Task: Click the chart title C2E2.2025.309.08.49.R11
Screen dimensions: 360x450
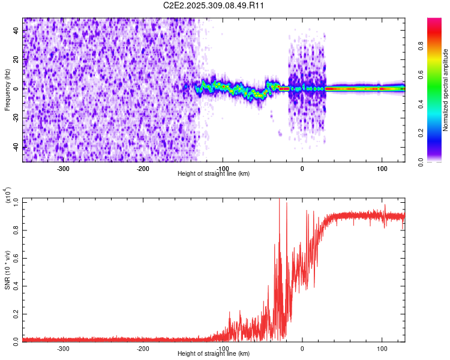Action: (214, 5)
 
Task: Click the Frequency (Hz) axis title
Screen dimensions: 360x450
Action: (7, 89)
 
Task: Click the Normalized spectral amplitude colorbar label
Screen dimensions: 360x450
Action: (445, 89)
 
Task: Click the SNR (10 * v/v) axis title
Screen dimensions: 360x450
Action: (7, 269)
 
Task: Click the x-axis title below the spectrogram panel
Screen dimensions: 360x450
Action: (214, 173)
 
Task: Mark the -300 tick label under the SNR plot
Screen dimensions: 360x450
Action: (63, 348)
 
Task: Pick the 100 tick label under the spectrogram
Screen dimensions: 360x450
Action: (382, 168)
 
